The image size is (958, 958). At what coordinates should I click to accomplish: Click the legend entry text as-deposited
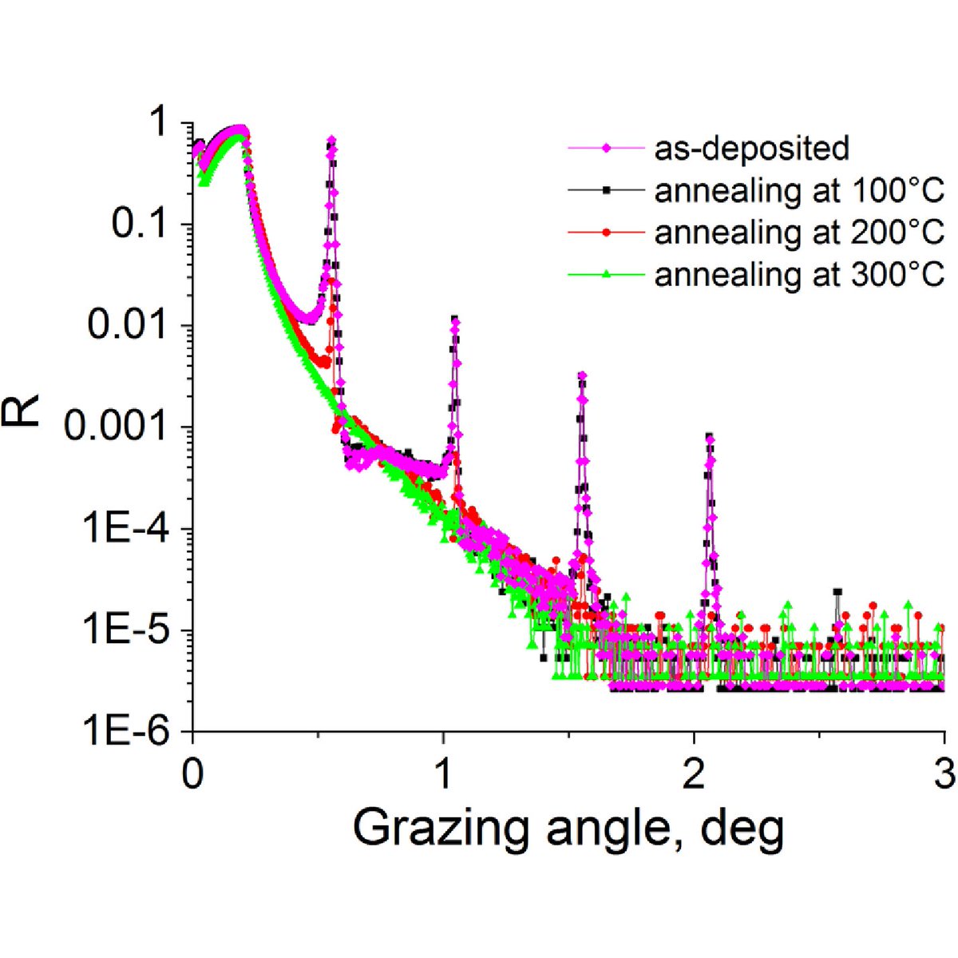tap(751, 148)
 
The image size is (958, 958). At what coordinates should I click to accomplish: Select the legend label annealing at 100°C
tap(799, 190)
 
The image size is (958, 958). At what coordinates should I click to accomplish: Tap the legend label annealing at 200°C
tap(799, 232)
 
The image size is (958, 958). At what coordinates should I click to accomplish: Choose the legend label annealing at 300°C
tap(799, 274)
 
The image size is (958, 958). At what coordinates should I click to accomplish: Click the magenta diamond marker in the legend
tap(607, 148)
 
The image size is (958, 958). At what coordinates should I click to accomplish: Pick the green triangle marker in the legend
tap(607, 274)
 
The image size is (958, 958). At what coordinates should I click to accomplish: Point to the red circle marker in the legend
tap(607, 232)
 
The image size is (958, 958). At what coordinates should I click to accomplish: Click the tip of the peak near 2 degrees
tap(709, 436)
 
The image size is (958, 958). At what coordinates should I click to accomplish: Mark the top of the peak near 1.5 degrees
tap(582, 374)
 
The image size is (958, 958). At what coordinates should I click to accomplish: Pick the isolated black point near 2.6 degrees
tap(837, 592)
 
